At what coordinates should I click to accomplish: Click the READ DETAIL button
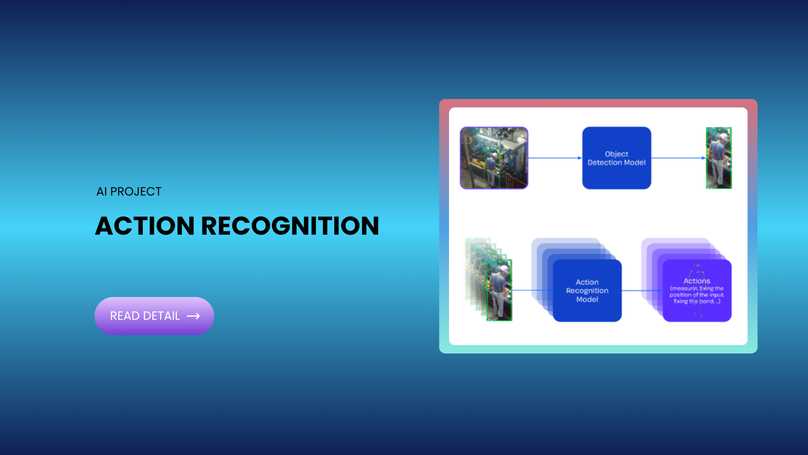pos(154,316)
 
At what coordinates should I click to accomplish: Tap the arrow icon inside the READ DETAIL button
pos(194,316)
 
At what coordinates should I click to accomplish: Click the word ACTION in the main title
pos(145,226)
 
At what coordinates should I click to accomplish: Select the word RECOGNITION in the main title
pos(290,226)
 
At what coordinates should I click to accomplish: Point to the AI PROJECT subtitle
pos(129,192)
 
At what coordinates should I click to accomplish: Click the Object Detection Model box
pos(617,158)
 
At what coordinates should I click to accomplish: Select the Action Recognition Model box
pos(587,291)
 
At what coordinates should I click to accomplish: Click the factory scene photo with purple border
pos(494,158)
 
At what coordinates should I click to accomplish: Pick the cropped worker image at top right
pos(719,158)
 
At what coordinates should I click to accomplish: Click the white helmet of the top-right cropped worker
pos(724,136)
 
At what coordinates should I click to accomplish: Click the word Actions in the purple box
pos(697,281)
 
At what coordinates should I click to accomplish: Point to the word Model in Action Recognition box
pos(587,300)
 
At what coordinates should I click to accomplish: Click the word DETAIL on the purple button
pos(162,316)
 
